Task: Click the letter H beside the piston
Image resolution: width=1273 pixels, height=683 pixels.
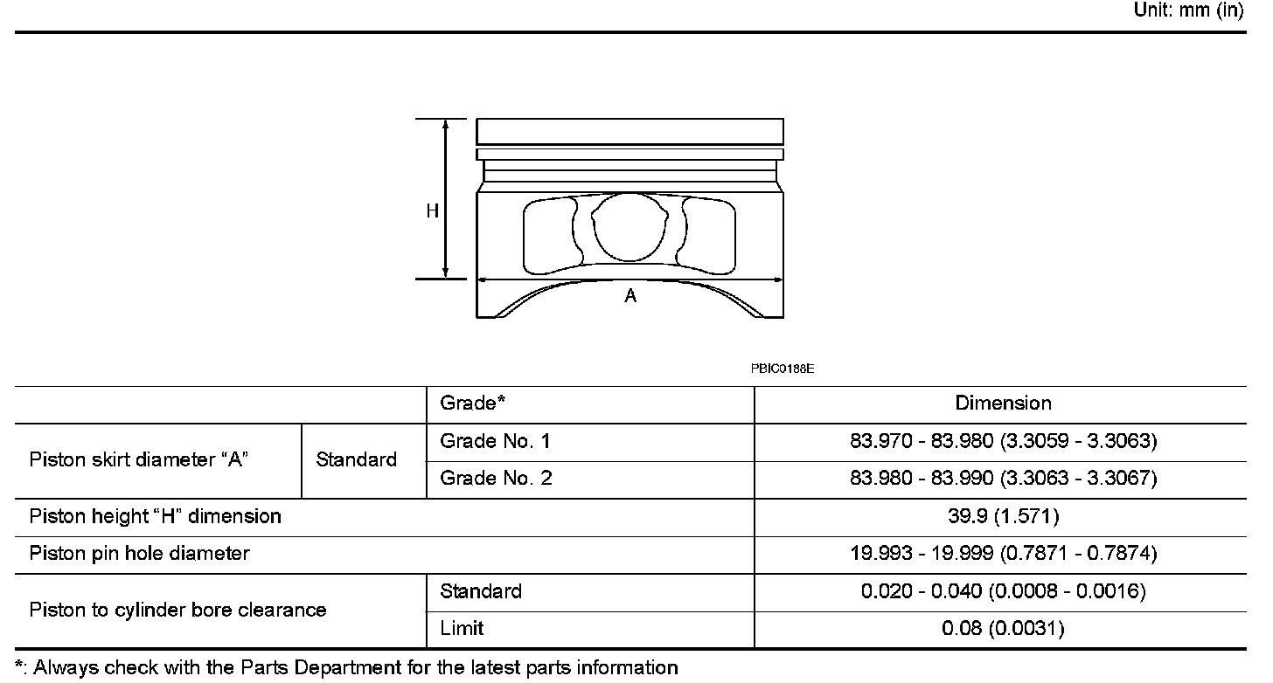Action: pyautogui.click(x=433, y=211)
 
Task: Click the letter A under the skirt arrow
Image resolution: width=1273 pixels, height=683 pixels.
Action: pyautogui.click(x=630, y=296)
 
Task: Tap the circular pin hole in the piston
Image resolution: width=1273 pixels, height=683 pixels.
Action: pyautogui.click(x=630, y=227)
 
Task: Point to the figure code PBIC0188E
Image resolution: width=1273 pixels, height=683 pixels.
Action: pyautogui.click(x=782, y=369)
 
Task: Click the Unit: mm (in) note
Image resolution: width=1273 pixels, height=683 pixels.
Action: pyautogui.click(x=1188, y=10)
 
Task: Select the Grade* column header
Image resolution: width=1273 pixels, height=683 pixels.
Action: pyautogui.click(x=472, y=403)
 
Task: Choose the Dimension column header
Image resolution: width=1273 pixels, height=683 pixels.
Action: pyautogui.click(x=1003, y=404)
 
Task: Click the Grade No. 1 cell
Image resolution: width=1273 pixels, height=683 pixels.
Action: pyautogui.click(x=495, y=441)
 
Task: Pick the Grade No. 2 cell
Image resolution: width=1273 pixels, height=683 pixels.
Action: pyautogui.click(x=496, y=478)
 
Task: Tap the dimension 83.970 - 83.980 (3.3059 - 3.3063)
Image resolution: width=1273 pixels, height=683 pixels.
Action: pyautogui.click(x=1003, y=441)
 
